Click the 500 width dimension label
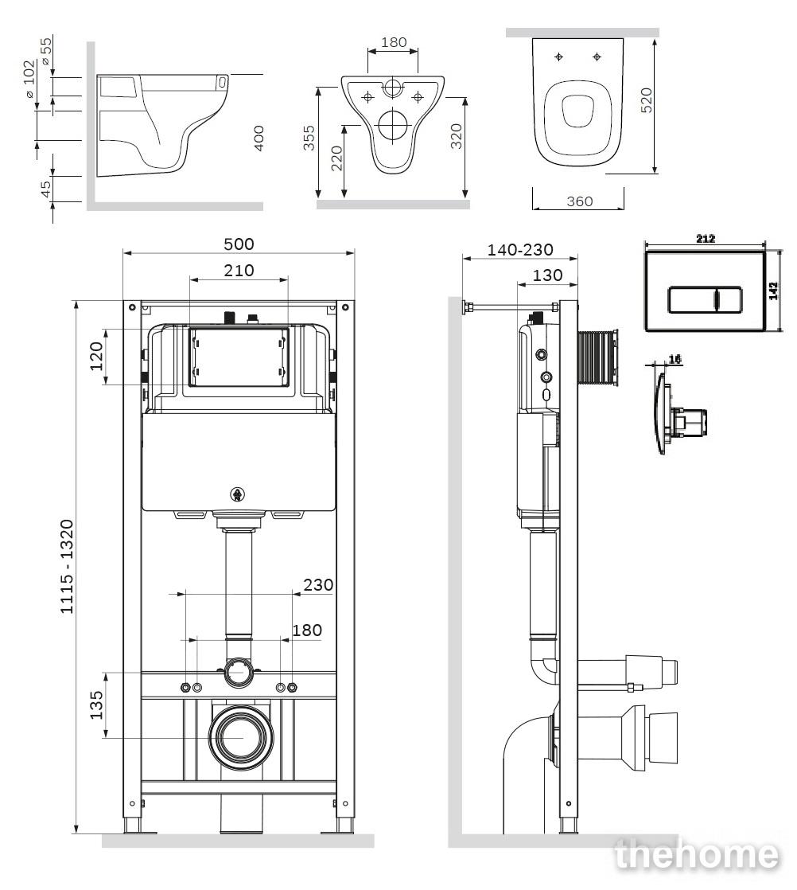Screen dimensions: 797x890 tap(239, 244)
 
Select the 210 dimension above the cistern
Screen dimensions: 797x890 tap(239, 270)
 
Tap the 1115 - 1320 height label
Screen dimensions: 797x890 tap(67, 567)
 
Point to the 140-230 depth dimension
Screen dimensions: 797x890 tap(519, 249)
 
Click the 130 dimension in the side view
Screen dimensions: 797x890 tap(547, 275)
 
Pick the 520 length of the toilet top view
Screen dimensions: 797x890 tap(646, 100)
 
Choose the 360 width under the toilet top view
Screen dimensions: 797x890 tap(579, 201)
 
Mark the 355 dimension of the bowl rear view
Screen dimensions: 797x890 tap(308, 138)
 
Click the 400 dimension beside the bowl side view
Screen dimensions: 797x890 tap(258, 138)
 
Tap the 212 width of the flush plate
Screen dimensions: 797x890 tap(705, 239)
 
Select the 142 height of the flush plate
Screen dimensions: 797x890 tap(773, 291)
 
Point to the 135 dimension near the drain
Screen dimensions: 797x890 tap(96, 705)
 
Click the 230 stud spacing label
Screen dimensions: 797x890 tap(317, 584)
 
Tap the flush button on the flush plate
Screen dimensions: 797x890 tap(705, 299)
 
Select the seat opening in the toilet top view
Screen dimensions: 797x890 tap(578, 110)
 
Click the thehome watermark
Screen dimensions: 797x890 tap(696, 854)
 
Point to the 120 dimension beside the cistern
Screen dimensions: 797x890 tap(96, 356)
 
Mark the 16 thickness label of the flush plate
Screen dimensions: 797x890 tap(675, 359)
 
